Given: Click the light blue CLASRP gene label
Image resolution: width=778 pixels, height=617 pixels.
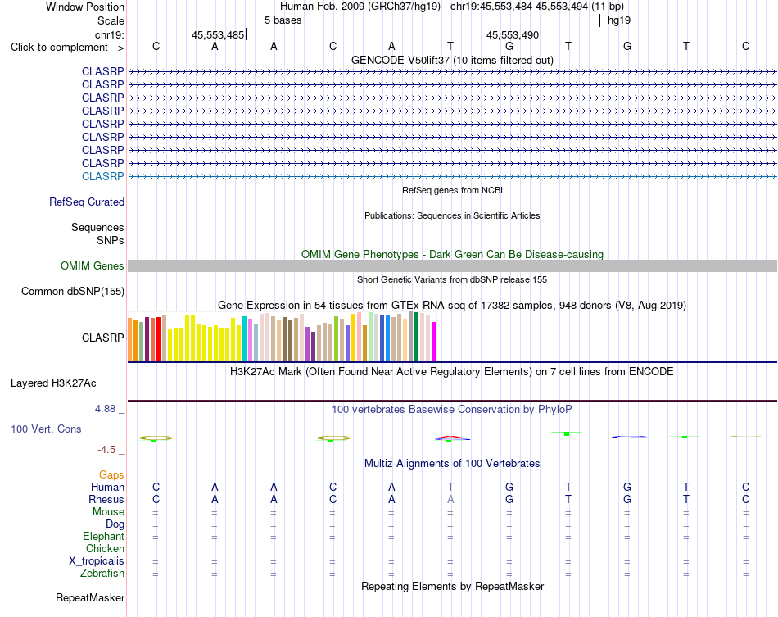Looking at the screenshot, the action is coord(102,176).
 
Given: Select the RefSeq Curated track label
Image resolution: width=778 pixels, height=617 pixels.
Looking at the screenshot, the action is coord(87,202).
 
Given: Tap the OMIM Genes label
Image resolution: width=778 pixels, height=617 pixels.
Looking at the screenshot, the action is coord(93,265).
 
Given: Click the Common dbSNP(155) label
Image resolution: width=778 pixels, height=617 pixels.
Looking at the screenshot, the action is coord(73,292).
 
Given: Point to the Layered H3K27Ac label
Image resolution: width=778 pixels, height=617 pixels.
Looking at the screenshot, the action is coord(53,383).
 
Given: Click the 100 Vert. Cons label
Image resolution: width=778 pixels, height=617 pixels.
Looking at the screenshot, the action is coord(46,429).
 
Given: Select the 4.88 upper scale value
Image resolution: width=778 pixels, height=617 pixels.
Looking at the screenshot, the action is coord(105,409).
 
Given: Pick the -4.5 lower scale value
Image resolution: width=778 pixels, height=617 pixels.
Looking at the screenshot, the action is coord(106,450).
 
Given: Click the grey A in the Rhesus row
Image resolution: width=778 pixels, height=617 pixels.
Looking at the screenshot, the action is coord(450,499).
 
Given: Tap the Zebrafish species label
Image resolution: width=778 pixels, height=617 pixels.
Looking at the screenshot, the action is coord(102,574).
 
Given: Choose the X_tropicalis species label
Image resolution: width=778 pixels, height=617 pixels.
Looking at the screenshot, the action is coord(97,561).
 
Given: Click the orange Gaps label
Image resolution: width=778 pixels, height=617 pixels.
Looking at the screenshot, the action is coord(111,475).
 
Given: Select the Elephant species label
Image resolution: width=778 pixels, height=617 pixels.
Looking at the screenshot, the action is coord(104,537).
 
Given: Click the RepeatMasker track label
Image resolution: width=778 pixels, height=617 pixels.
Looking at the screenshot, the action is coord(90,597).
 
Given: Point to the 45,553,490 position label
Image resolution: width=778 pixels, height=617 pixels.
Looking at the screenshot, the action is coord(513,34).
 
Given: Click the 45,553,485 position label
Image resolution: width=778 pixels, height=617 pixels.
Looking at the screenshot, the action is coord(218,34).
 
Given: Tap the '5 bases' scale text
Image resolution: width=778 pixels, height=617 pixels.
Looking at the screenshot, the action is coord(283,20).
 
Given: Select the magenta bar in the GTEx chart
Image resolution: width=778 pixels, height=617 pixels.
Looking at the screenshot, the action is coord(434,341).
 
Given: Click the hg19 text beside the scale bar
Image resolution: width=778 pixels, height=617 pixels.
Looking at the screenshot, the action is coord(619,20).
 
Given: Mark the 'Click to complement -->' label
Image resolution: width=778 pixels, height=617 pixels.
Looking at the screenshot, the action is coord(67,48).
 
